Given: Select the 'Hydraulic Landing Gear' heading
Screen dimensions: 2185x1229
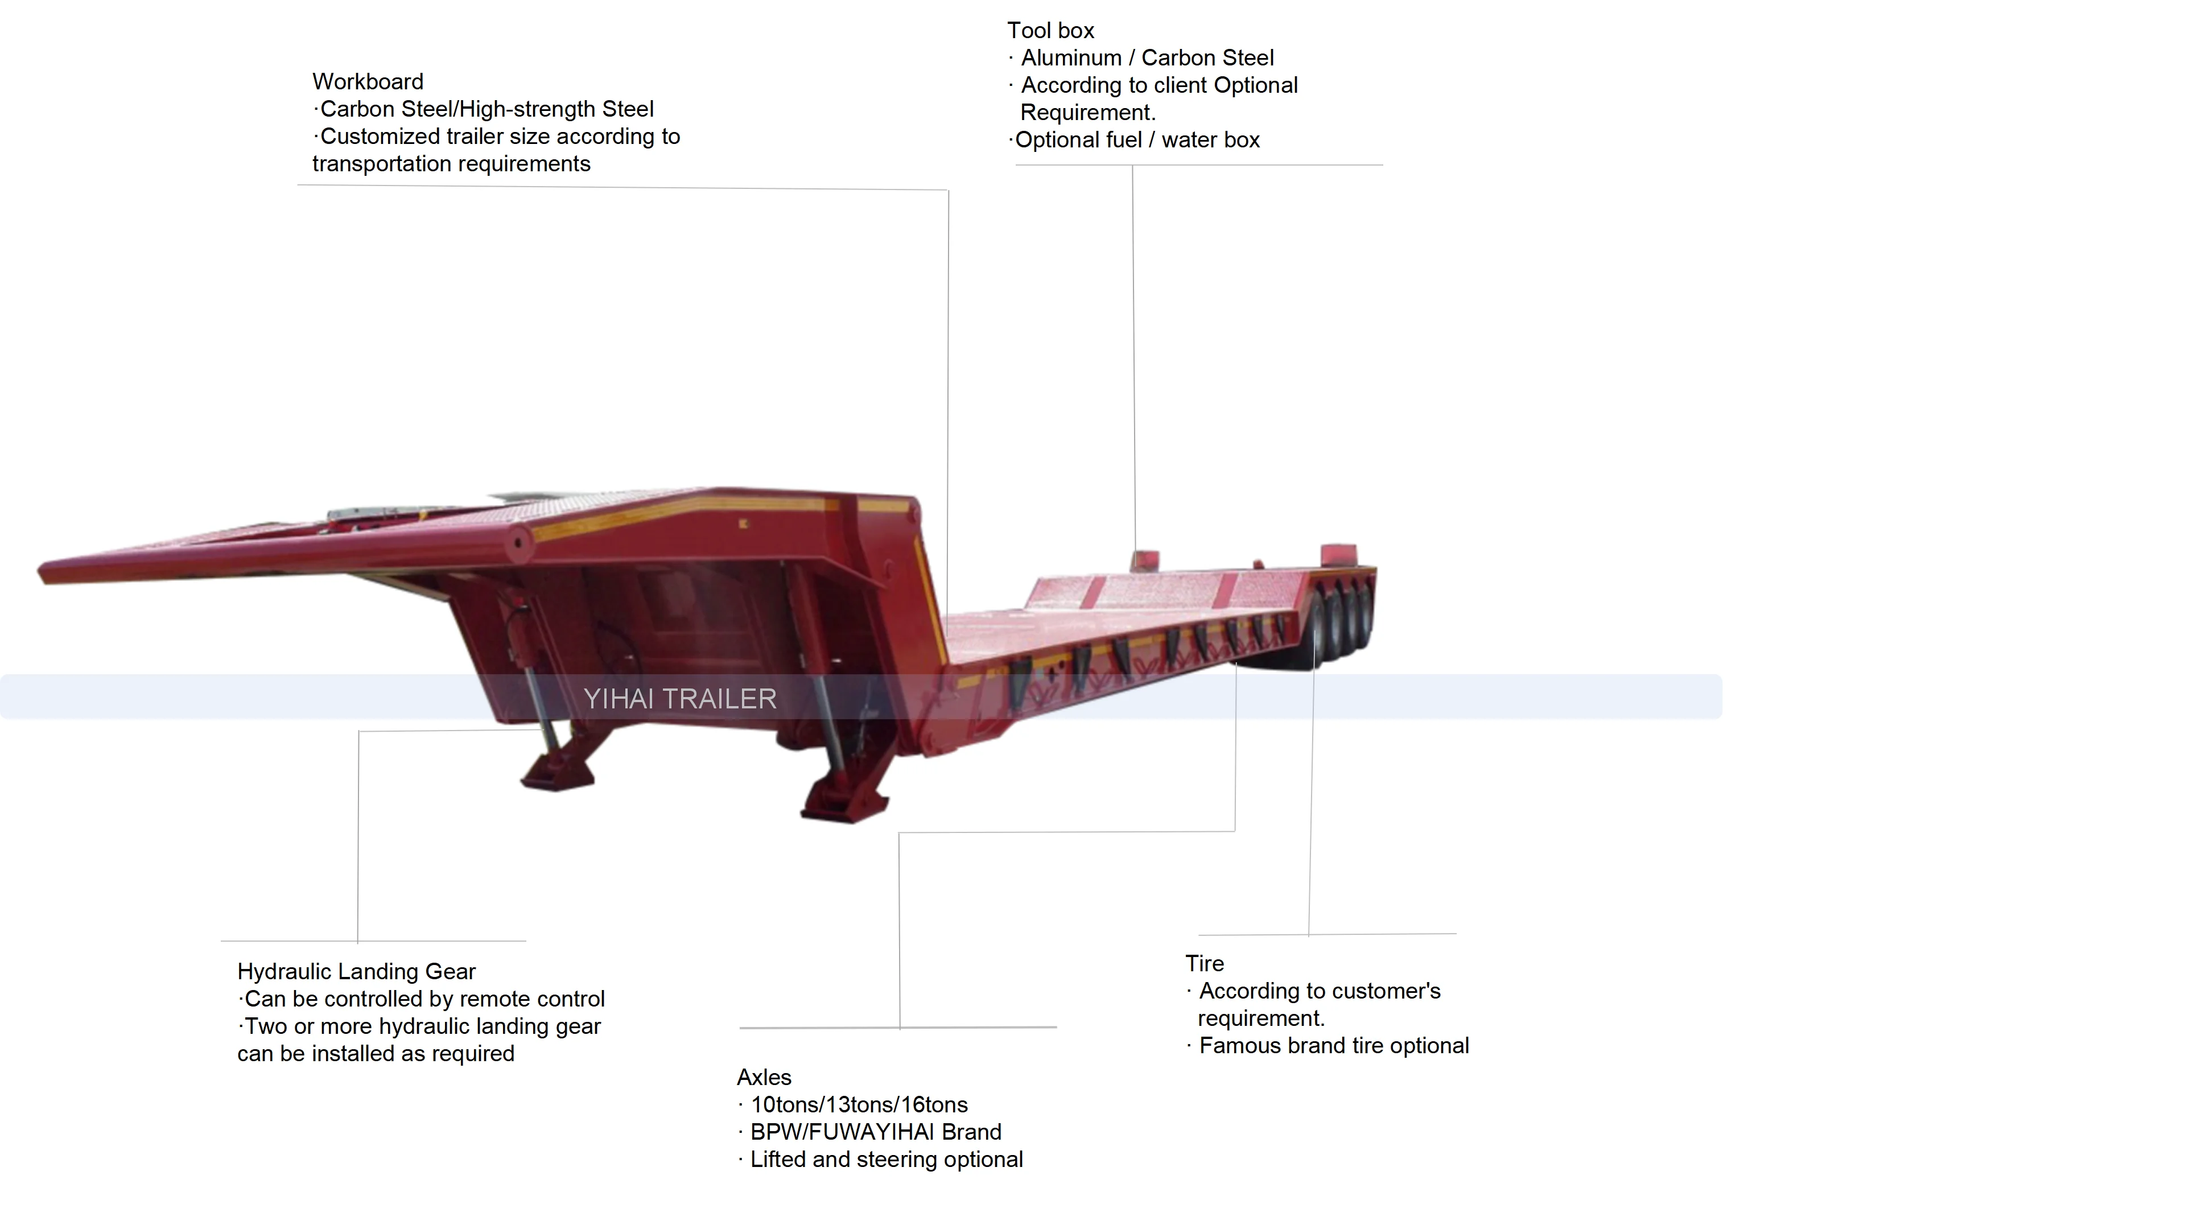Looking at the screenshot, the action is (x=356, y=971).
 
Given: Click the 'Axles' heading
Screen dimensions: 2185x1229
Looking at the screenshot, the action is (x=764, y=1077).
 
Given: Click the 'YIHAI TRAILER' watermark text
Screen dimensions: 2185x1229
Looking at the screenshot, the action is (x=679, y=698).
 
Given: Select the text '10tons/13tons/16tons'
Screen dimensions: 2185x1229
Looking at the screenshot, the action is (x=859, y=1104).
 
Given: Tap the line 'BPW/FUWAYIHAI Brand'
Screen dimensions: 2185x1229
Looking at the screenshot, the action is (x=875, y=1132).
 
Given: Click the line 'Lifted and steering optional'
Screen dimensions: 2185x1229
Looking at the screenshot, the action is (x=887, y=1160).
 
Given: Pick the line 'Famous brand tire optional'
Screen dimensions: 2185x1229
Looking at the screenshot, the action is (x=1333, y=1046).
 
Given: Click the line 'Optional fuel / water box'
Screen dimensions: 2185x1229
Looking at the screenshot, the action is (x=1137, y=140).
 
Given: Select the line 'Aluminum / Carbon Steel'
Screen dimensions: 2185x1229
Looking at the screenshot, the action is (x=1147, y=57).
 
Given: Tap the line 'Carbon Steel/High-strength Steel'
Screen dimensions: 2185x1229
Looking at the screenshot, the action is (x=486, y=109).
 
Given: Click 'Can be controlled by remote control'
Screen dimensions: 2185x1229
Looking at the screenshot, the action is (x=424, y=999).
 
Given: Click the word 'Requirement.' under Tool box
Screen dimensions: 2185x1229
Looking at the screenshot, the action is (x=1087, y=113).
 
